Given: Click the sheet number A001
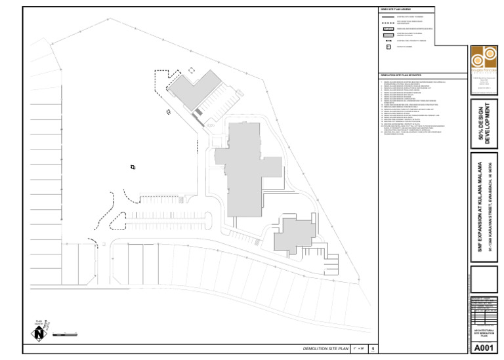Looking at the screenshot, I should coord(483,348).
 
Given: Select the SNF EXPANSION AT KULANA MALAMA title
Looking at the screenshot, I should coord(480,207).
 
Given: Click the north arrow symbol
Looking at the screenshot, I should coord(40,333).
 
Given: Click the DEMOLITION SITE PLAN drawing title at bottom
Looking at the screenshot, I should coord(324,349).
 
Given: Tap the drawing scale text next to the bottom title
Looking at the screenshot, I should coord(359,349).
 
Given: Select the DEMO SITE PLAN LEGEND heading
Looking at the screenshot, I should coord(395,9).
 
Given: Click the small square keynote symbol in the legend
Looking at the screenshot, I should coord(388,47).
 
